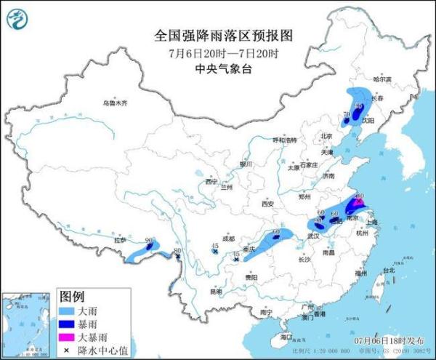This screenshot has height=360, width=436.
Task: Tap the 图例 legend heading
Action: click(x=72, y=297)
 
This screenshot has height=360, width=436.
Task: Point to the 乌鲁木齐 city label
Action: click(x=114, y=103)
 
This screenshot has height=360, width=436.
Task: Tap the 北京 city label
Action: click(x=326, y=136)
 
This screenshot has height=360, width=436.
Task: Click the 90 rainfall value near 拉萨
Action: click(x=149, y=239)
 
